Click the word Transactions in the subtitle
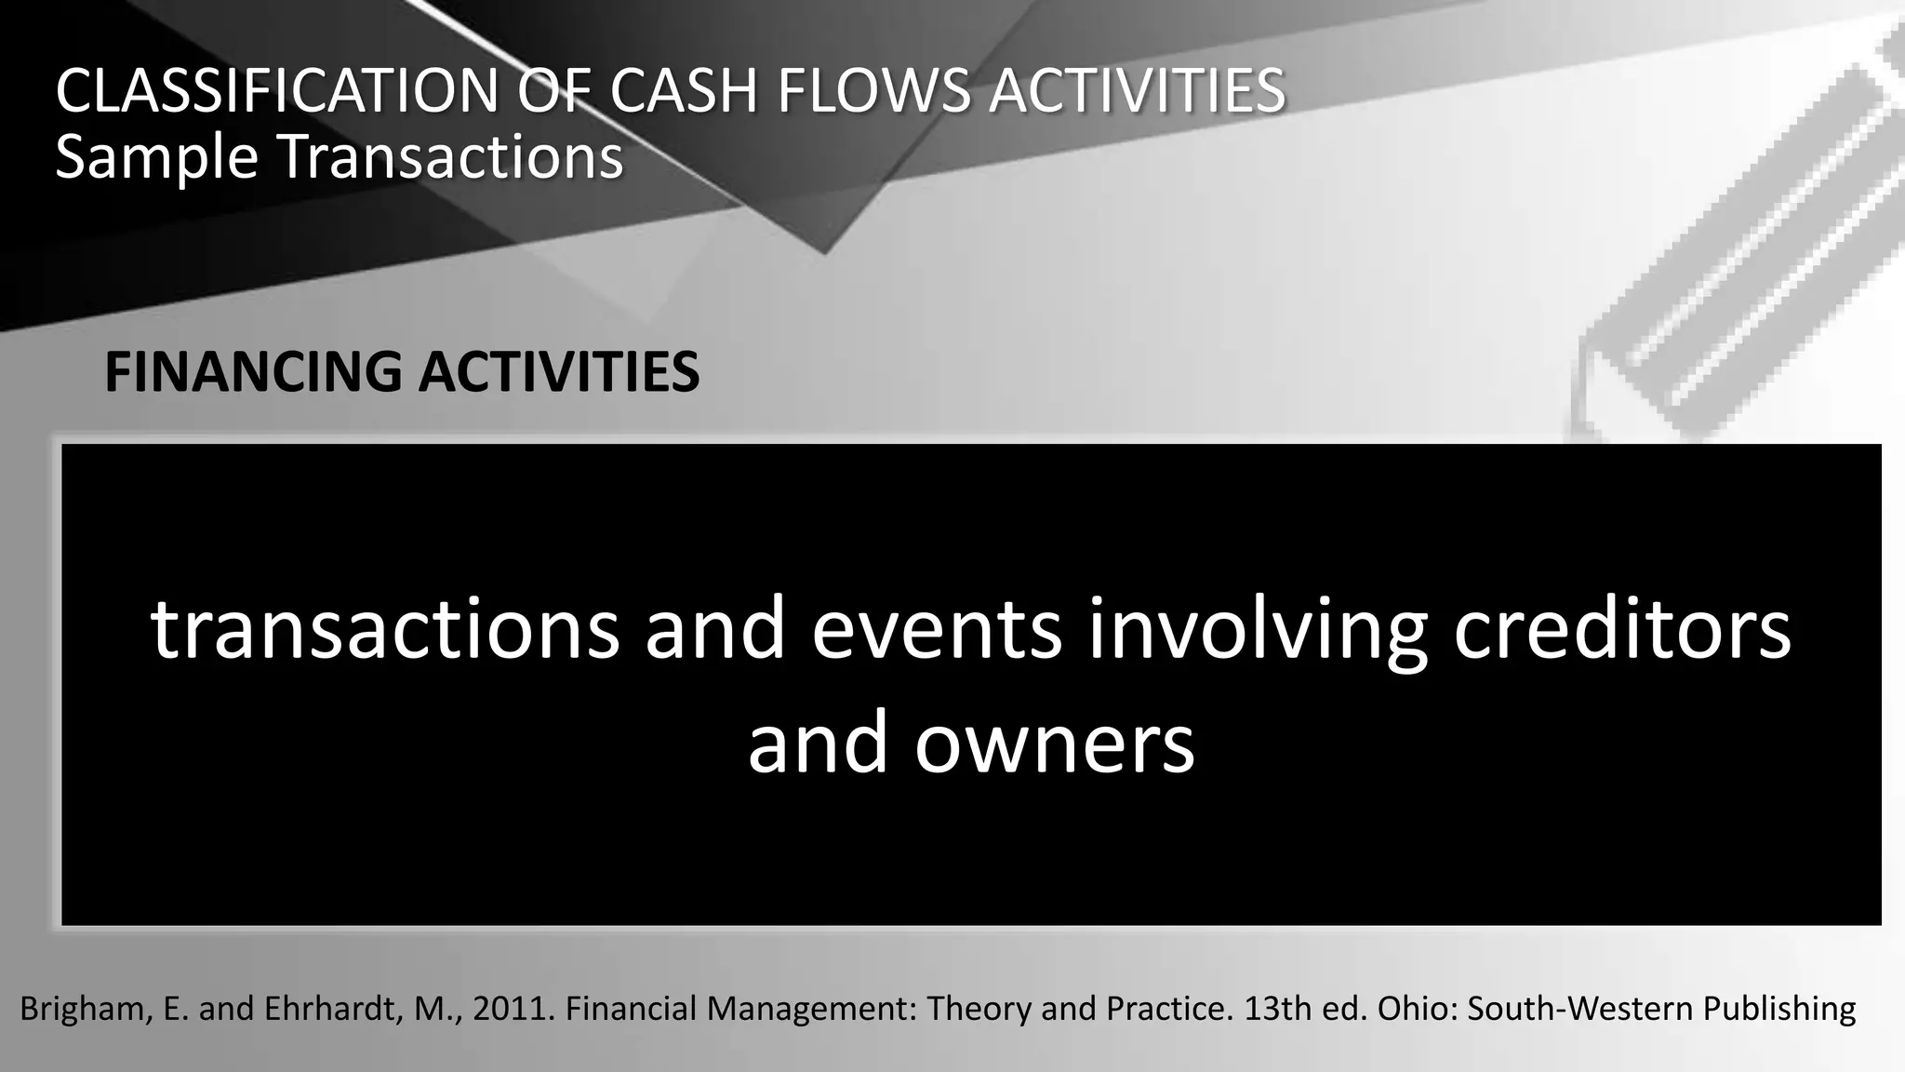(451, 156)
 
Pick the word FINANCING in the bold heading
(253, 372)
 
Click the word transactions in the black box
(384, 629)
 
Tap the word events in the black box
(937, 629)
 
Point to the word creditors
(1622, 629)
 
